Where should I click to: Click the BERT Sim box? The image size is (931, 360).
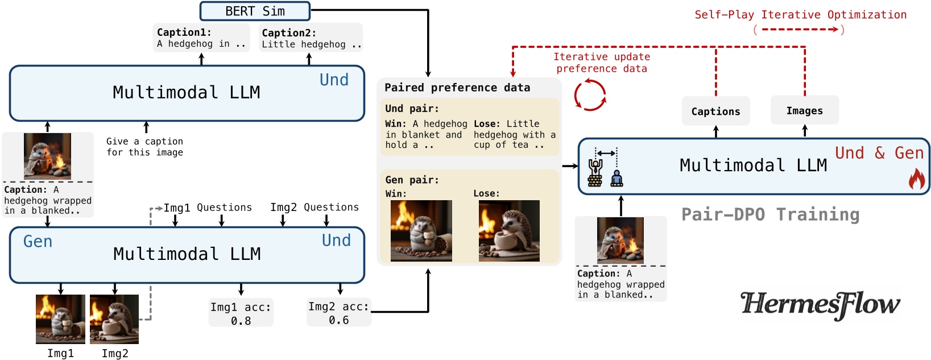(255, 11)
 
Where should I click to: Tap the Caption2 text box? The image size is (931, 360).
(311, 38)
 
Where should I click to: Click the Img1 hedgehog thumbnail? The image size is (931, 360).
(60, 319)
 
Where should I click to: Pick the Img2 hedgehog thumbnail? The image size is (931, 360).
(114, 319)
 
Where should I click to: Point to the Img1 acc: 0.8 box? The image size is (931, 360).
(241, 313)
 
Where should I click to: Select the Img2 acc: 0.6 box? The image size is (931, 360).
(339, 313)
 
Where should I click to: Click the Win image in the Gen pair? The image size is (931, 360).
(421, 231)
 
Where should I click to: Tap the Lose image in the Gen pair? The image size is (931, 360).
(509, 231)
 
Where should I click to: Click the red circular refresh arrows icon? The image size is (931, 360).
(590, 95)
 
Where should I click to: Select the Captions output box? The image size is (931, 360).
(715, 111)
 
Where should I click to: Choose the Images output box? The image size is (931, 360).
(804, 111)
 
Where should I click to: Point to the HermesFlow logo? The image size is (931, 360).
(820, 305)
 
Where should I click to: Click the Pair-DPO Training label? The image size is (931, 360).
(770, 214)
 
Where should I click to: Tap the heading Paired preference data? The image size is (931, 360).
(457, 88)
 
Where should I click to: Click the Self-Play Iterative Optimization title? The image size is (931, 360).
(800, 15)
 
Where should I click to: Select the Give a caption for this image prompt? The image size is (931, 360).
(145, 147)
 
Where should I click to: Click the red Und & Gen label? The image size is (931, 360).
(879, 153)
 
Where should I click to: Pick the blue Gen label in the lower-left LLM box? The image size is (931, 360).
(38, 242)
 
